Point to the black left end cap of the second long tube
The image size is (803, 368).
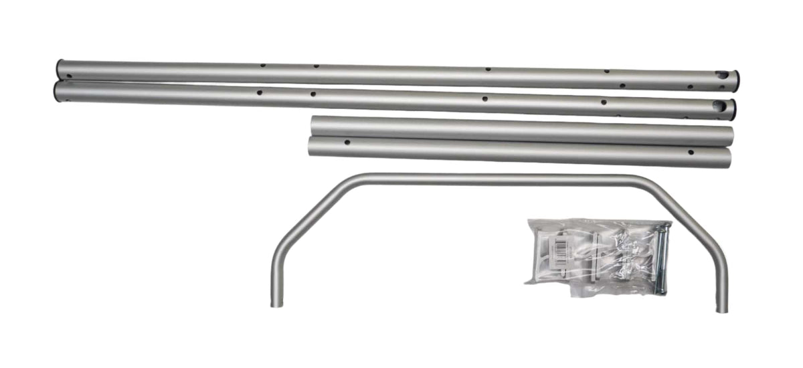[x=57, y=91]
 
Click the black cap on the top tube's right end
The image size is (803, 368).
[x=736, y=80]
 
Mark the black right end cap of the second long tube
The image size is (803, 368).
[x=733, y=109]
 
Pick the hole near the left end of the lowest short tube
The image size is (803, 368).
[x=347, y=142]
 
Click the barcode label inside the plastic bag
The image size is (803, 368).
[x=555, y=252]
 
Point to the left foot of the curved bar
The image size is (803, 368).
[x=276, y=301]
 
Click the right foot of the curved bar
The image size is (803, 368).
[x=721, y=306]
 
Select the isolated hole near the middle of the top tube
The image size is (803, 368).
[x=487, y=69]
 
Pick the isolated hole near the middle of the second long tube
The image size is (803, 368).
[x=484, y=98]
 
